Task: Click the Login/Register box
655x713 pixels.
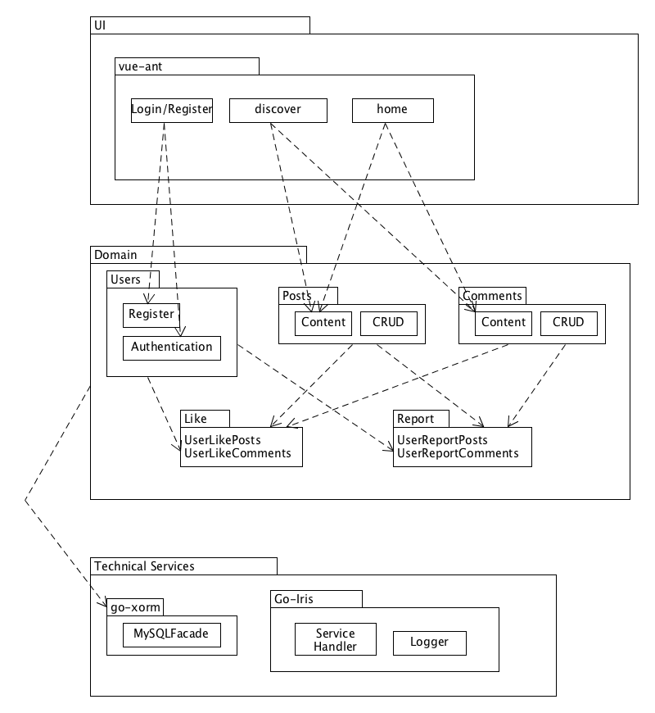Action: point(172,110)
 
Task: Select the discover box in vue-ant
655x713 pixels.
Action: point(278,110)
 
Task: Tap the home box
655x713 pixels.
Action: point(392,110)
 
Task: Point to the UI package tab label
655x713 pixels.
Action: point(100,25)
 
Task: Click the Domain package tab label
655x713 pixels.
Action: point(115,255)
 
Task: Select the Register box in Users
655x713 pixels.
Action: point(151,315)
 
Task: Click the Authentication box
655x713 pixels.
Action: point(172,347)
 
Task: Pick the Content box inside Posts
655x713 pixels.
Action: point(323,323)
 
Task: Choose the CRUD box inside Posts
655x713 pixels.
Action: point(388,323)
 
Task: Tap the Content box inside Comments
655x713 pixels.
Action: point(504,323)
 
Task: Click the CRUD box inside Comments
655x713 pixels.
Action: point(568,323)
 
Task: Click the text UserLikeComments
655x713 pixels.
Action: point(237,453)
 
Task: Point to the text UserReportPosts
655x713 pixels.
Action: point(442,441)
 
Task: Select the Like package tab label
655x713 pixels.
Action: point(196,419)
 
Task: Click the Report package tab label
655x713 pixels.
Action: point(415,419)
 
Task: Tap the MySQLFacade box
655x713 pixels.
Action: point(172,634)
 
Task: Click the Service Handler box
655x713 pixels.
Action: point(336,639)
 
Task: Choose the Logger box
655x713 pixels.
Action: point(429,643)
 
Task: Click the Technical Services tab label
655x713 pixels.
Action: point(144,566)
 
